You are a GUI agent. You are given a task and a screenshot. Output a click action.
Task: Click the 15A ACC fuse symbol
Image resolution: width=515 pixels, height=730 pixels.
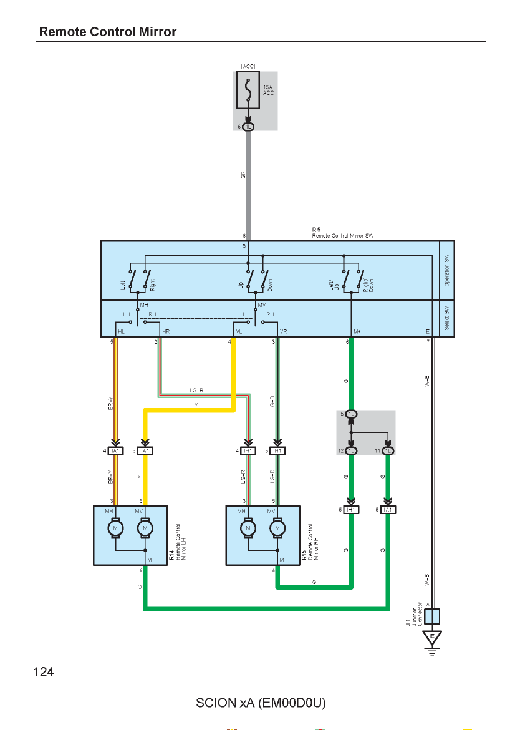tap(248, 90)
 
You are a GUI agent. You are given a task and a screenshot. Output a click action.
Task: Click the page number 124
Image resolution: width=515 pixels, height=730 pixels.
tap(43, 672)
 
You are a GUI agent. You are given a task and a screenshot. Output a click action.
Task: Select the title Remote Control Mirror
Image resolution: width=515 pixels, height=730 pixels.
tap(107, 32)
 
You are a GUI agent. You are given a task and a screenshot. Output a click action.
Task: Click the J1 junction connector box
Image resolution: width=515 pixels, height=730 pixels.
tap(432, 616)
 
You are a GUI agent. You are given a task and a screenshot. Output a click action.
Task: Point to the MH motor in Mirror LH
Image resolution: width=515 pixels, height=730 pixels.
tap(115, 528)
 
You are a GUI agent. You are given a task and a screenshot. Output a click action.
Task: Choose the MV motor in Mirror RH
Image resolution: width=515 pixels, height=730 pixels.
tap(277, 528)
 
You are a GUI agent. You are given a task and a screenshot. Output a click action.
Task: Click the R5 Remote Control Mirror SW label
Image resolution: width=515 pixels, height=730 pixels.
tap(342, 233)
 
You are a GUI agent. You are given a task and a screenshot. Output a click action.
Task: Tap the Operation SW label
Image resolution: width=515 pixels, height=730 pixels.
tap(446, 270)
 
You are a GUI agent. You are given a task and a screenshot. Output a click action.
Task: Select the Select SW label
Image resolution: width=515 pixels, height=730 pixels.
tap(446, 318)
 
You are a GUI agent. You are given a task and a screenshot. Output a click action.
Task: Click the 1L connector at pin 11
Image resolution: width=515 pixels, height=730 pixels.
tap(388, 450)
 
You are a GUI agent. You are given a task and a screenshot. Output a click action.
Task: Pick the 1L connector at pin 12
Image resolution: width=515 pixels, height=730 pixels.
tap(351, 450)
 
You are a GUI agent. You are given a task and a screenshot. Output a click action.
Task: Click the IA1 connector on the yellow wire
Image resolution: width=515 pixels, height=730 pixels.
tap(145, 450)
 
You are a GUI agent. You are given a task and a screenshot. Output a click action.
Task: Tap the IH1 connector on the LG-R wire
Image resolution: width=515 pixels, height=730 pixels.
tap(248, 450)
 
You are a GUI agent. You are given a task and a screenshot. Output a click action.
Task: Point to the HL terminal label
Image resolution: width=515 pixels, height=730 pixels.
tap(122, 331)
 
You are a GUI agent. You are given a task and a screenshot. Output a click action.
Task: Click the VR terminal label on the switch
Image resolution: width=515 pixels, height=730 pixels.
tap(283, 331)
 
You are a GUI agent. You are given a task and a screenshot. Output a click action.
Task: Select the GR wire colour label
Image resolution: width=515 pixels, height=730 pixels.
tap(243, 175)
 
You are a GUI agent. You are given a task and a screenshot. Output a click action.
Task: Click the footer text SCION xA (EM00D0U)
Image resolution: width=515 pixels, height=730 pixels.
tap(261, 703)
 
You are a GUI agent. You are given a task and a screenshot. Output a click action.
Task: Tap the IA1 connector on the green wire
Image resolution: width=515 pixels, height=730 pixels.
tap(388, 510)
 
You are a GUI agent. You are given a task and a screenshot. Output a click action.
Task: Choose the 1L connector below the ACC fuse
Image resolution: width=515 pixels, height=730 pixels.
tap(248, 127)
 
